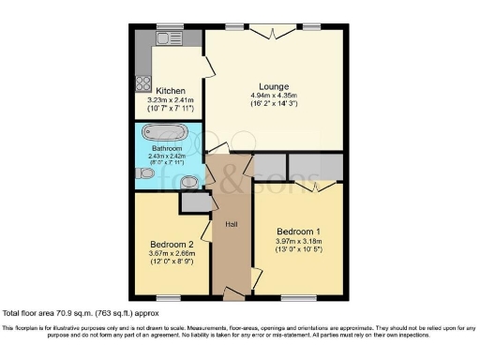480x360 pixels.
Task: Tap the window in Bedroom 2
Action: tap(167, 297)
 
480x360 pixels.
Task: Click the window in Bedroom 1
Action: tap(302, 297)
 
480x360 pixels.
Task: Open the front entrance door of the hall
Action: tap(231, 294)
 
